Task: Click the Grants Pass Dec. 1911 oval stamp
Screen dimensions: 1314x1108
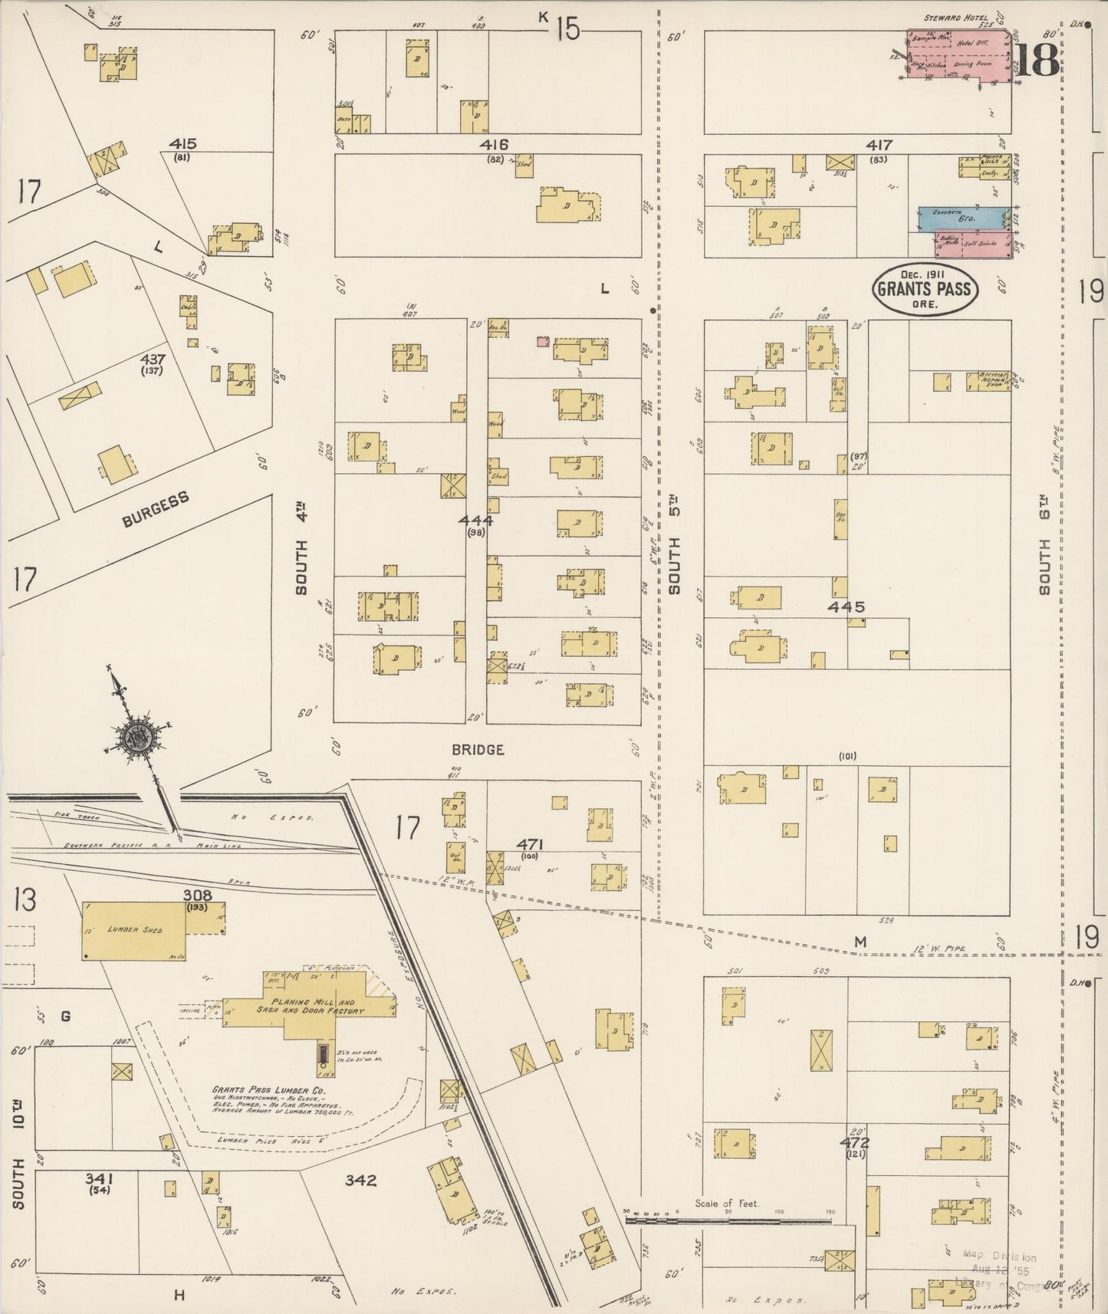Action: click(924, 289)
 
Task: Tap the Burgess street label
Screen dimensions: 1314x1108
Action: click(156, 511)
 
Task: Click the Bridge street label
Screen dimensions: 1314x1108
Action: click(477, 750)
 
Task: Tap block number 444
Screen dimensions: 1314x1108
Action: click(476, 521)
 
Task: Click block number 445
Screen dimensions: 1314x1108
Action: click(847, 607)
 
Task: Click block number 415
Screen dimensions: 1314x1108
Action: click(183, 143)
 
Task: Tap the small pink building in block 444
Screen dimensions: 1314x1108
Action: click(543, 340)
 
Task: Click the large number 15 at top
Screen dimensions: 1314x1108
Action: click(568, 30)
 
